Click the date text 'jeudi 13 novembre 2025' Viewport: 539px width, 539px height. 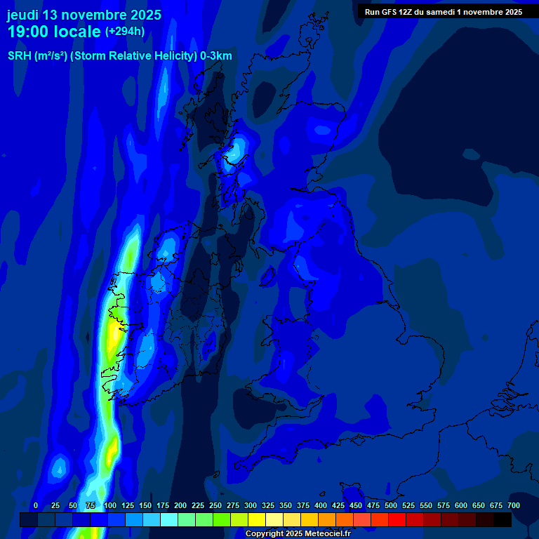tap(84, 15)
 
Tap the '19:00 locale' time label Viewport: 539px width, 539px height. tap(54, 32)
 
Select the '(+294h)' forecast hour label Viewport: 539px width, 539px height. tap(125, 32)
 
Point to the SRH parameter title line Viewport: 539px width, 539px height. tap(120, 56)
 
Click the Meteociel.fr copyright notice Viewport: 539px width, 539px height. tap(298, 533)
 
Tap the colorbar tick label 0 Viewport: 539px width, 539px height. tap(36, 505)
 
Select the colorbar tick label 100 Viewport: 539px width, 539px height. tap(110, 505)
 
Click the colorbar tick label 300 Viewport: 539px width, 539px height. tap(251, 505)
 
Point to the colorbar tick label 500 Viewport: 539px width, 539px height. tap(391, 505)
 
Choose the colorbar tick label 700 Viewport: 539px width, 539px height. tap(513, 505)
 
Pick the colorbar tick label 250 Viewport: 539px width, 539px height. tap(215, 505)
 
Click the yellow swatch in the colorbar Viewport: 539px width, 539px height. tap(257, 520)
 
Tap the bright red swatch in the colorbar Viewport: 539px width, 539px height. tap(397, 520)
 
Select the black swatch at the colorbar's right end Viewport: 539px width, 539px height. tap(503, 520)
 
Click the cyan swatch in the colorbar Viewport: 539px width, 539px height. tap(169, 520)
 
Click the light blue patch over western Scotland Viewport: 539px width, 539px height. tap(237, 149)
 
